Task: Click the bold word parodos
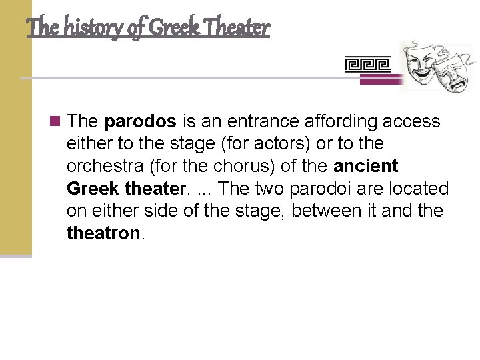[x=140, y=121]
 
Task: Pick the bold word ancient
[x=365, y=166]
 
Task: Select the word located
[x=423, y=189]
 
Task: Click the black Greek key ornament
[x=367, y=64]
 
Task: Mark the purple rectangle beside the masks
[x=381, y=79]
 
